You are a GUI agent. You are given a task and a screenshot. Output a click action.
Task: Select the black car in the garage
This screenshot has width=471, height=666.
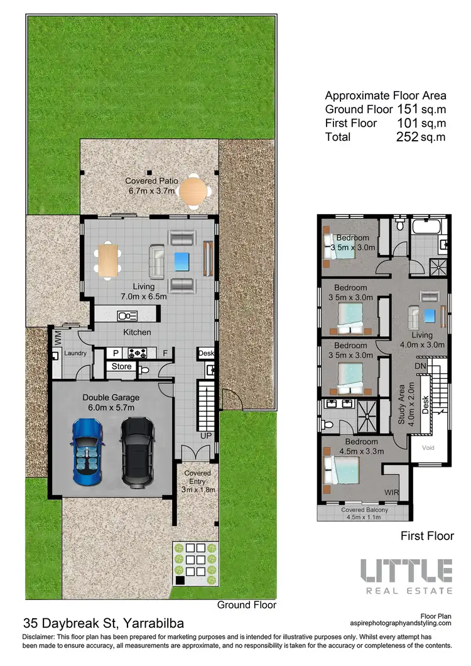click(138, 451)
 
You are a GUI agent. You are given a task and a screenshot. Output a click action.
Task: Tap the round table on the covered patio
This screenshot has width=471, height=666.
click(194, 192)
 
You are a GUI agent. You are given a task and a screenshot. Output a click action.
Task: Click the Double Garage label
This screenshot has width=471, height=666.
click(111, 398)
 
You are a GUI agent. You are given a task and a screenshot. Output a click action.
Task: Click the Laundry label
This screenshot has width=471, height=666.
click(74, 353)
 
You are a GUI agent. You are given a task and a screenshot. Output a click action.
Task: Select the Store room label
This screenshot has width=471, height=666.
click(122, 366)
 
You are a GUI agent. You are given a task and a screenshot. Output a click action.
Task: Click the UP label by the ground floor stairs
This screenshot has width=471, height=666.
click(206, 435)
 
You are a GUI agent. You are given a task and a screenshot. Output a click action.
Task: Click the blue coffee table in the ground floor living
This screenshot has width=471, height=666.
click(182, 259)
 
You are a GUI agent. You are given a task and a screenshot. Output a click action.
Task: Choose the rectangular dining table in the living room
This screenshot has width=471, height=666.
click(108, 259)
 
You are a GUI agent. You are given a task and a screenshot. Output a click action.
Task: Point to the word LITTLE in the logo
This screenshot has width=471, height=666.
click(406, 570)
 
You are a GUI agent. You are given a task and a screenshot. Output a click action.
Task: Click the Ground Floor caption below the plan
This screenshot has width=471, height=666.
click(246, 606)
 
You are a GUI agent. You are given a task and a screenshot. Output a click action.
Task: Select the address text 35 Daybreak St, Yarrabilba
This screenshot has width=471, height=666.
click(104, 624)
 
